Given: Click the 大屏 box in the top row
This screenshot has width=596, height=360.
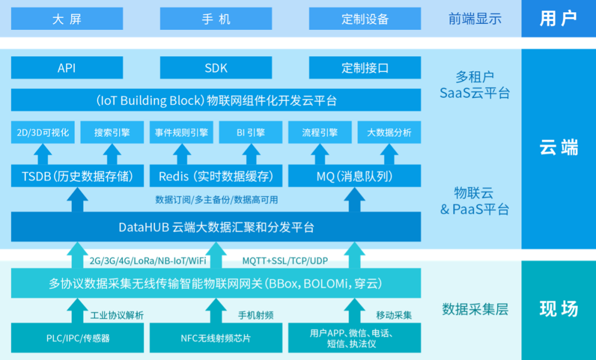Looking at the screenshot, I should [x=67, y=19].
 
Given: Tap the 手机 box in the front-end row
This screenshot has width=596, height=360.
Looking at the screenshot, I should [x=216, y=19].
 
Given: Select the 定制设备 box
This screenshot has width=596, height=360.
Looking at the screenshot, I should [x=365, y=19].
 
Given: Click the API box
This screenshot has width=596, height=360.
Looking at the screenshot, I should [x=67, y=68].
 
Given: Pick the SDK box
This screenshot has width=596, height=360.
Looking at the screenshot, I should [x=216, y=68].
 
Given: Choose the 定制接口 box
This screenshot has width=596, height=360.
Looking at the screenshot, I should [x=365, y=68].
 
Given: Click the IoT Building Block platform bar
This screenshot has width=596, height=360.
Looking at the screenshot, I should [x=216, y=100].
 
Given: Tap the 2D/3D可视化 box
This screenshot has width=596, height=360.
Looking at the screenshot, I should [x=42, y=133].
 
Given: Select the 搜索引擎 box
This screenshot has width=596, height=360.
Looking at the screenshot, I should [x=112, y=133].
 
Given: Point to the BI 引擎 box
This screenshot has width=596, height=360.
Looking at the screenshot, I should [x=251, y=133].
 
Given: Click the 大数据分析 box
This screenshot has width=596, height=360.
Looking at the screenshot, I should [x=389, y=133].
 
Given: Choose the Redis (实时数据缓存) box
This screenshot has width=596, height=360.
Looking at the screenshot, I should [x=216, y=177].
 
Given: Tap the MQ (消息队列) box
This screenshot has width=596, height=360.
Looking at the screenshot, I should [x=355, y=177].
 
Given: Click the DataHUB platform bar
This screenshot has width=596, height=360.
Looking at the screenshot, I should [x=216, y=227].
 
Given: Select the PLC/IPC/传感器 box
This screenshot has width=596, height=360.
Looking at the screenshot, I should [x=78, y=338].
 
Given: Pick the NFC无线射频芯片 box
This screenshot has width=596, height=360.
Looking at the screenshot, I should [x=216, y=338].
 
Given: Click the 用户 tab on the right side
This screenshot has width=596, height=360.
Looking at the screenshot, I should [x=558, y=19].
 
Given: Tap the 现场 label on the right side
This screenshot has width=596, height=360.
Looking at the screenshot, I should [x=558, y=309].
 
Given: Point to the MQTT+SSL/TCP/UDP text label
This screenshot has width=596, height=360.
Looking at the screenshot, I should [x=285, y=260].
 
